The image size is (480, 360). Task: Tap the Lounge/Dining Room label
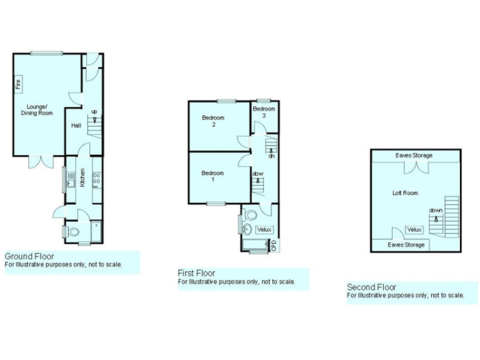pyautogui.click(x=40, y=109)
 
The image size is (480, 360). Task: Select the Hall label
pyautogui.click(x=76, y=126)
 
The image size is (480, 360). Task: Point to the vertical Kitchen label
pyautogui.click(x=82, y=173)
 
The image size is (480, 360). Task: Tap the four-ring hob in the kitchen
pyautogui.click(x=97, y=178)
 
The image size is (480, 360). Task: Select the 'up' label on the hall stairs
pyautogui.click(x=94, y=112)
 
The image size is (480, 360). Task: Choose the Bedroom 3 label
pyautogui.click(x=264, y=112)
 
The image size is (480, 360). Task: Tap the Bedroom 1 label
pyautogui.click(x=213, y=176)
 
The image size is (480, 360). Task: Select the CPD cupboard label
pyautogui.click(x=274, y=246)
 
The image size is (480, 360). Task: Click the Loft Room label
pyautogui.click(x=405, y=193)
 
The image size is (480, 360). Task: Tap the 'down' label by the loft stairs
pyautogui.click(x=436, y=211)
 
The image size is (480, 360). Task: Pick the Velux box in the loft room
pyautogui.click(x=415, y=230)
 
